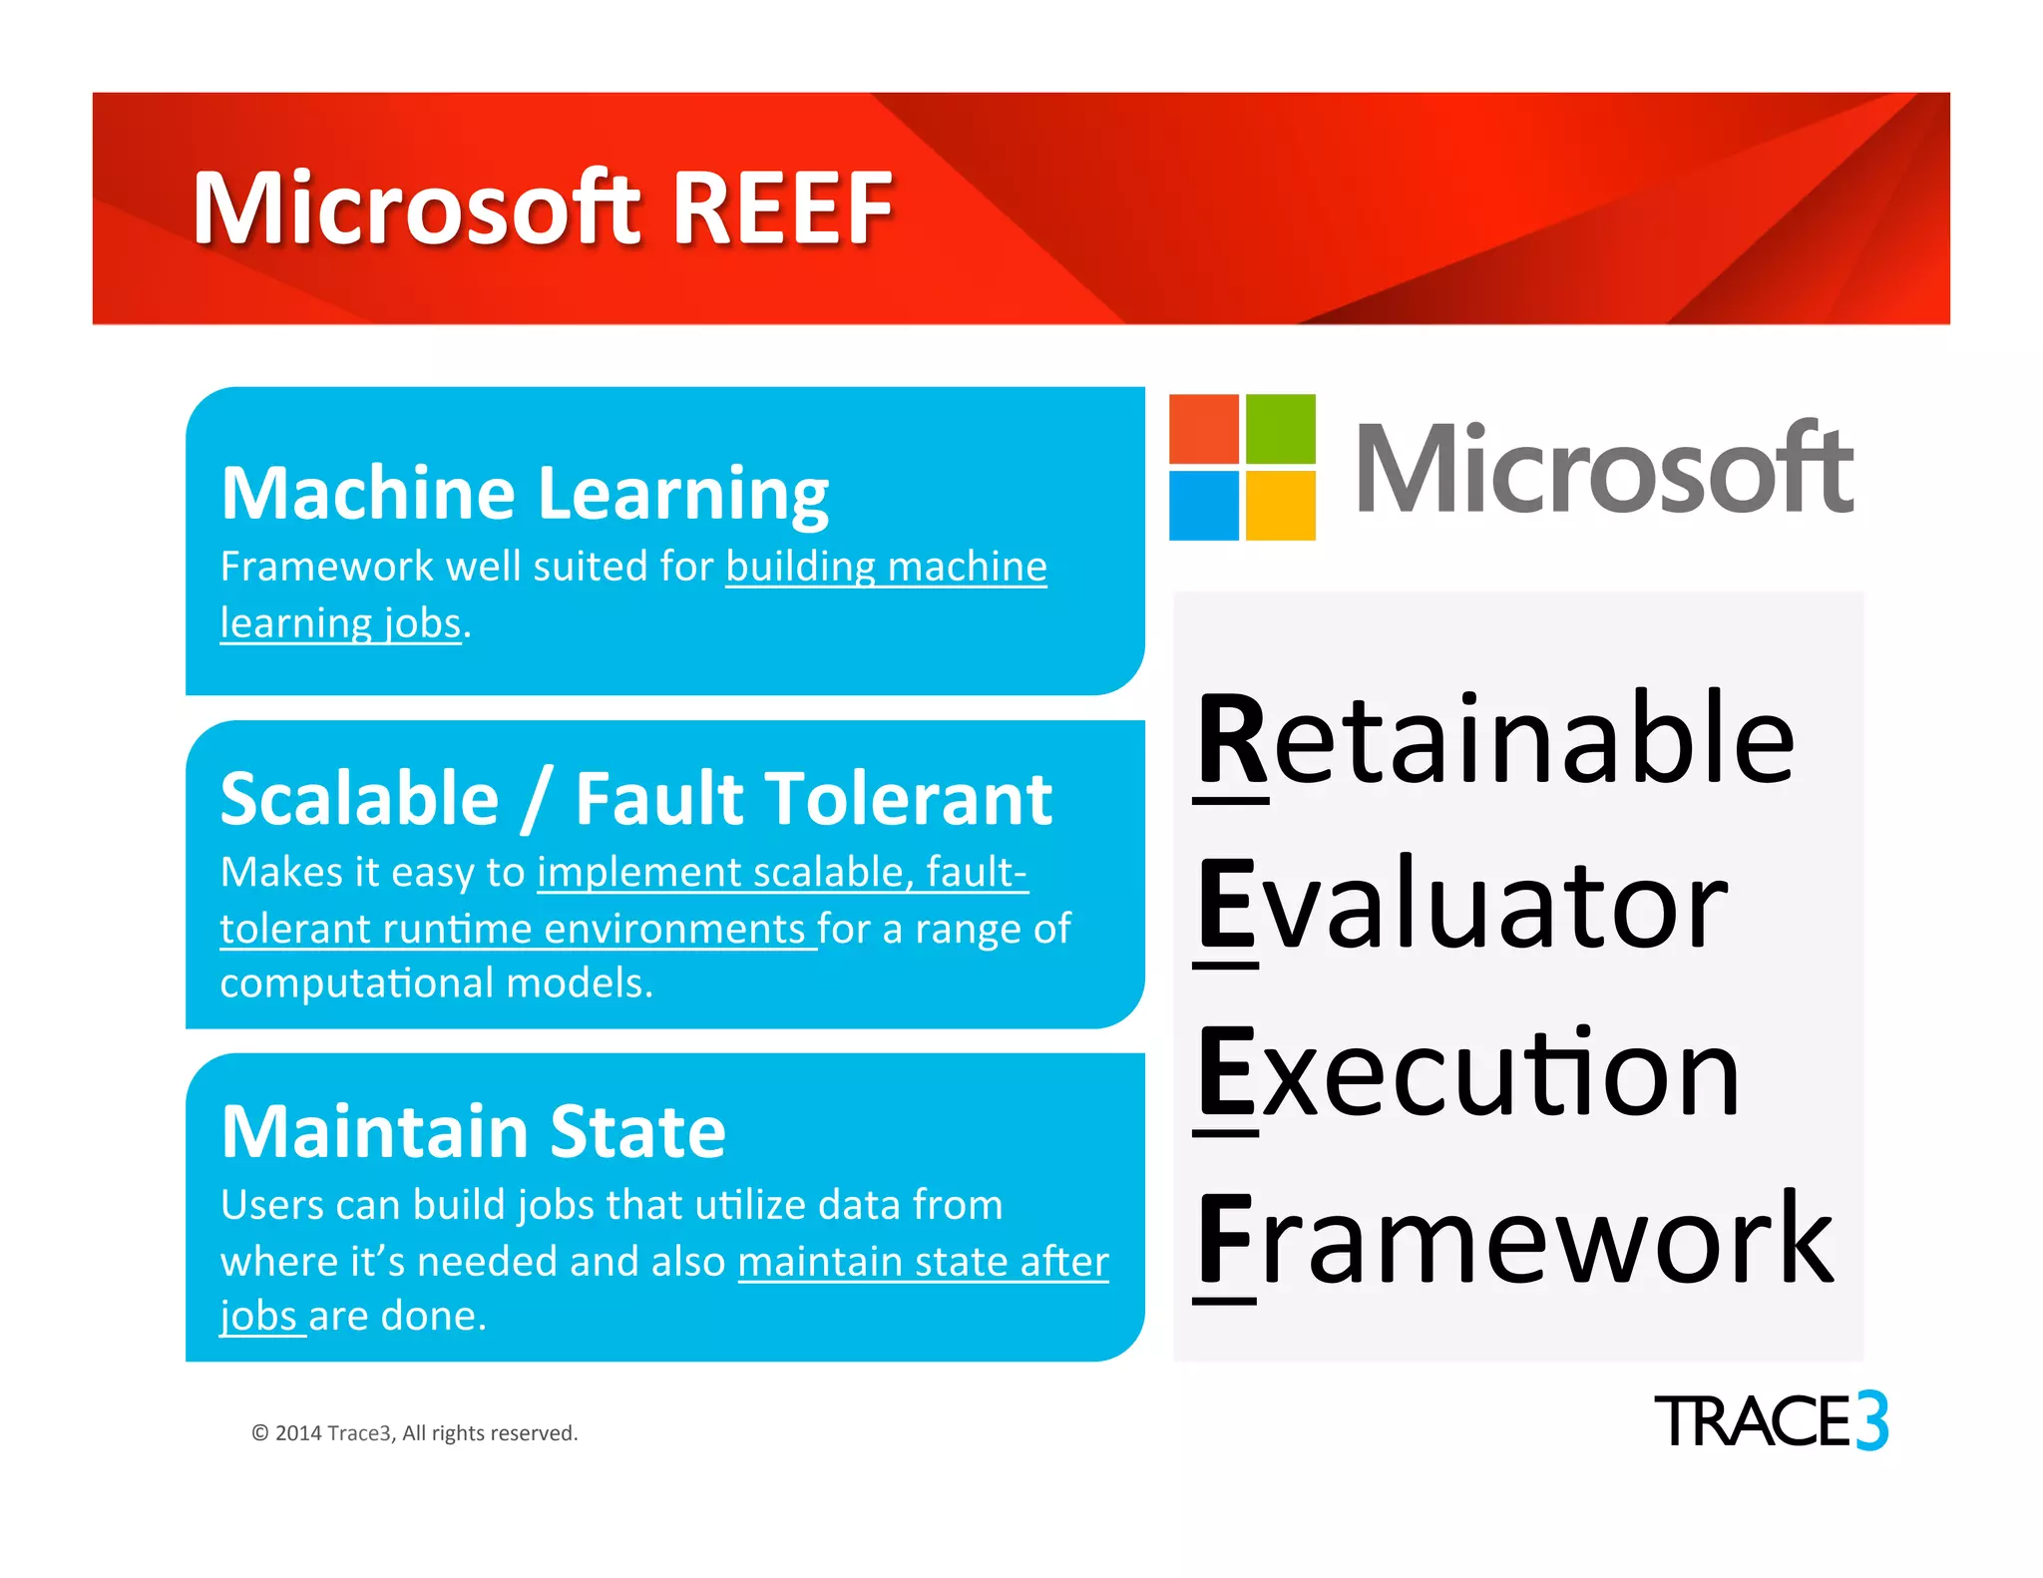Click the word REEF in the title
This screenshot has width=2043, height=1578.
(783, 208)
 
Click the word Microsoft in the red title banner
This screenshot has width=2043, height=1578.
(417, 208)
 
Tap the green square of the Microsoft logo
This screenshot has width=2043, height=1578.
(1280, 429)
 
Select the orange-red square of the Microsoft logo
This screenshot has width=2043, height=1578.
(1204, 429)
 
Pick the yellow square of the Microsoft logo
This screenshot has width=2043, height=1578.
(1280, 505)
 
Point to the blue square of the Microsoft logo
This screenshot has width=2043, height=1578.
(1204, 505)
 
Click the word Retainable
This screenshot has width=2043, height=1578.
(1495, 740)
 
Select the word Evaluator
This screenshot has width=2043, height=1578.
(1462, 906)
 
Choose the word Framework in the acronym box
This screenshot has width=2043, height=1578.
(1514, 1241)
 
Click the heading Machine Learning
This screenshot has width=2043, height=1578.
(525, 494)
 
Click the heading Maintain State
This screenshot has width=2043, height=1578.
(473, 1132)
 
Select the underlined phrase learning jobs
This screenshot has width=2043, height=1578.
(340, 623)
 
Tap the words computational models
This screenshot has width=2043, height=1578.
(436, 984)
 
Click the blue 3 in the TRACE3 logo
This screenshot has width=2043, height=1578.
(1871, 1420)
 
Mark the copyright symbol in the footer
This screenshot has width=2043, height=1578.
(260, 1433)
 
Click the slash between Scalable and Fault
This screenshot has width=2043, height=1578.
(536, 800)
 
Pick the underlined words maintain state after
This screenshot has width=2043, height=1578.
(923, 1262)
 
